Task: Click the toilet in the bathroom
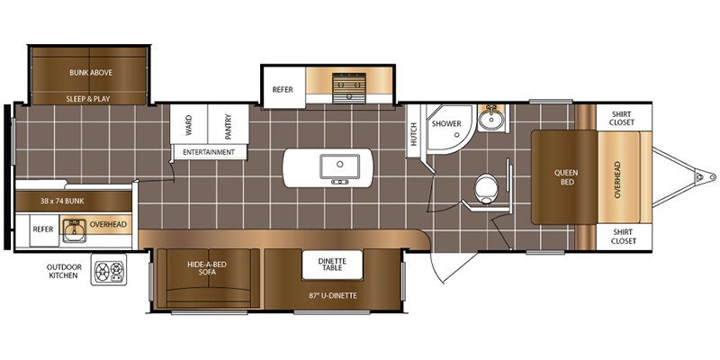point(487,188)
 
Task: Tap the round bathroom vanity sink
point(490,120)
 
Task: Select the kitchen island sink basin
point(340,166)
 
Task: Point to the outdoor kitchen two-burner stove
point(109,269)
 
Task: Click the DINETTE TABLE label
point(332,265)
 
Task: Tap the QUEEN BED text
point(566,177)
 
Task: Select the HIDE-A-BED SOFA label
point(207,268)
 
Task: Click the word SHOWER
point(446,124)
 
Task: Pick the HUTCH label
point(414,134)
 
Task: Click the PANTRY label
point(229,127)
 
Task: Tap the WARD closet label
point(189,125)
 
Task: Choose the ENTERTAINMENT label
point(209,152)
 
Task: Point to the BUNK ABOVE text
point(91,73)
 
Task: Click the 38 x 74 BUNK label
point(62,201)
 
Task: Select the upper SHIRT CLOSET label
point(623,118)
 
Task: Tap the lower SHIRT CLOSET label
point(623,237)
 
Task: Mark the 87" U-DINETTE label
point(334,296)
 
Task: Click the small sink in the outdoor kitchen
point(74,229)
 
